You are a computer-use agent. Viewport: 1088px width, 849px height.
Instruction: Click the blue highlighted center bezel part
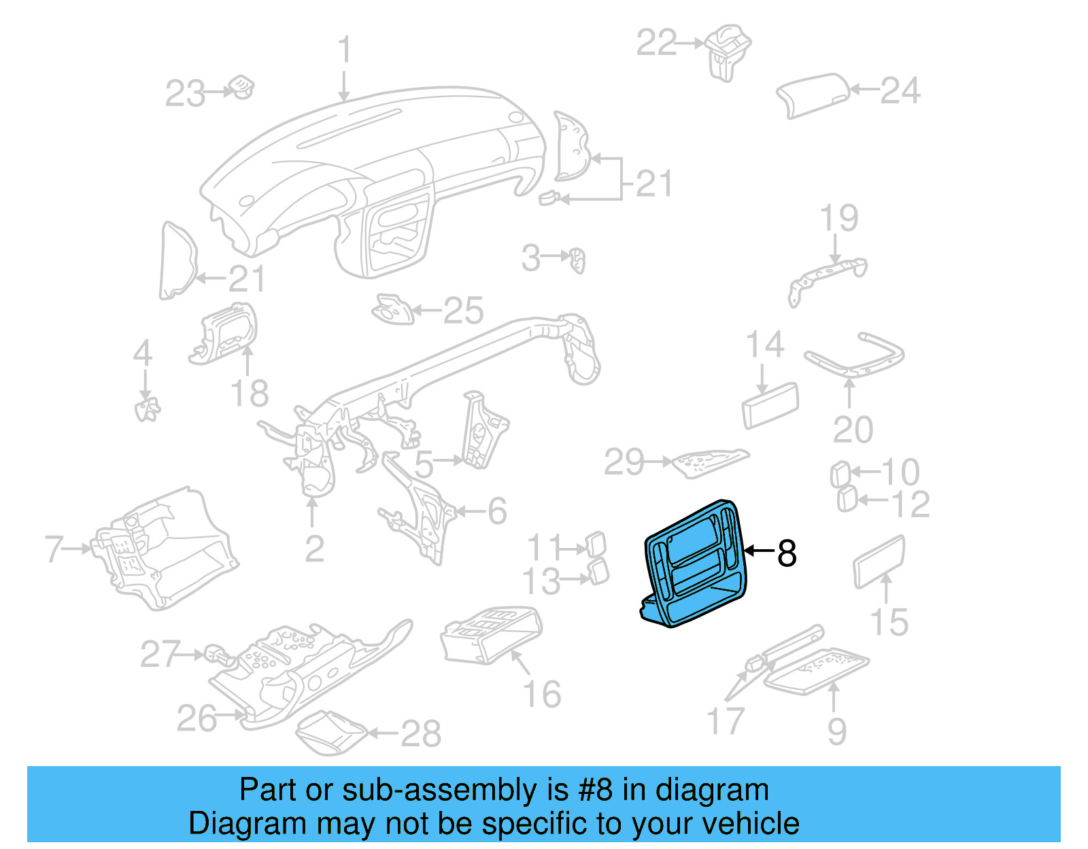coord(694,564)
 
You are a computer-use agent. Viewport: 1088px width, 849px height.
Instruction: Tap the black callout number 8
coord(786,553)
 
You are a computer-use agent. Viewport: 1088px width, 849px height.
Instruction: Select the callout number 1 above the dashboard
coord(345,50)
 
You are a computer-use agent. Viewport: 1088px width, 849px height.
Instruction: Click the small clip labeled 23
coord(241,88)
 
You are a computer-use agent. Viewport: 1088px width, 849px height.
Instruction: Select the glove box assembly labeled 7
coord(163,547)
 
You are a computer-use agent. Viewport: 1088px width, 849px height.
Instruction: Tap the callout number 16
coord(541,694)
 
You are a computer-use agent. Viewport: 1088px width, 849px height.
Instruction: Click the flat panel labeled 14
coord(770,405)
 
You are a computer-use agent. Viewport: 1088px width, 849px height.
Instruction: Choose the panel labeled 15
coord(879,561)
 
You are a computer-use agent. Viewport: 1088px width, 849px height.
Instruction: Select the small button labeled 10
coord(840,474)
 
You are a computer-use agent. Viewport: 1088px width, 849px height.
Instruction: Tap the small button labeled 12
coord(846,500)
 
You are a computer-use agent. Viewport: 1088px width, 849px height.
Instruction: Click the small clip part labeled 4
coord(146,409)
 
